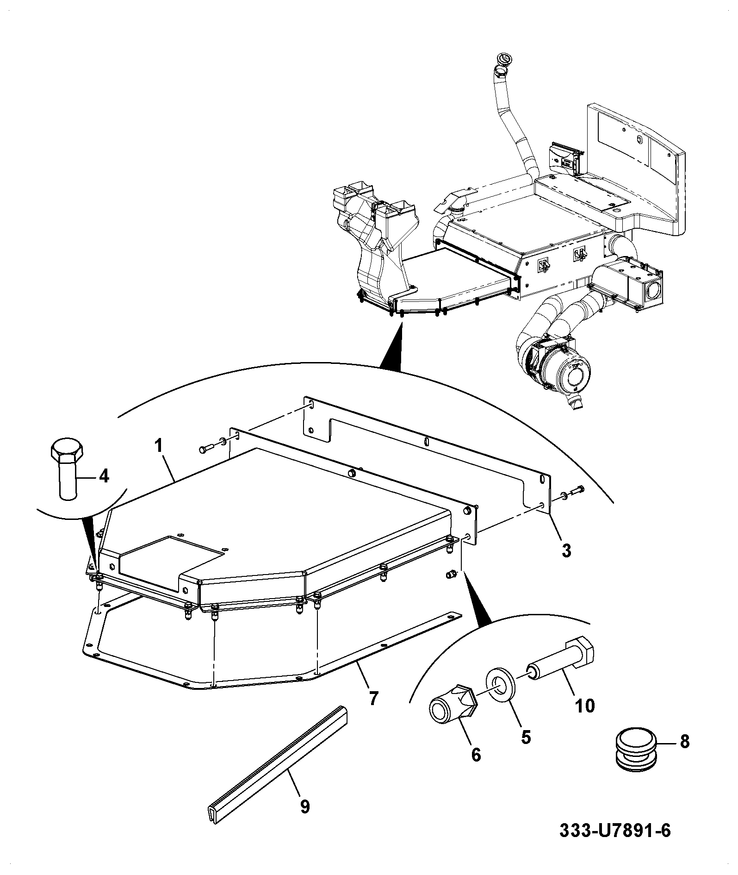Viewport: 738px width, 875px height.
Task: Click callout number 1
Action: [x=159, y=446]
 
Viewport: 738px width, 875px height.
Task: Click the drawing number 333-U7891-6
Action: [x=615, y=843]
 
